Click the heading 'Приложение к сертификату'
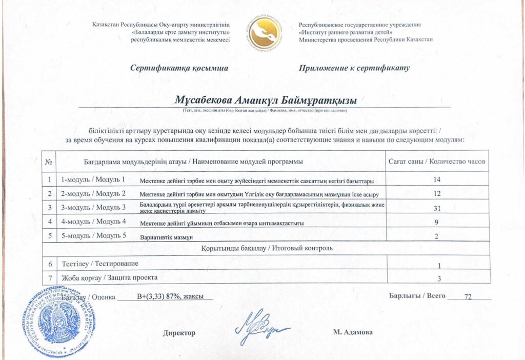point(354,68)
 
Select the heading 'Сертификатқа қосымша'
point(179,68)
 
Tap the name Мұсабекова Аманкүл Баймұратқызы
point(266,99)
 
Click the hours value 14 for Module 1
point(437,179)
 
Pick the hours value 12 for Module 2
point(437,193)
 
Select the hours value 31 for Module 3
point(437,207)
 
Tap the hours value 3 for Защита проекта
point(439,278)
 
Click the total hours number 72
point(467,297)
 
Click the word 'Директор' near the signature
point(179,333)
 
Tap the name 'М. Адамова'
point(353,332)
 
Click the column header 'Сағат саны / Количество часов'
point(437,162)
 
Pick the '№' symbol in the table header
point(49,162)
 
